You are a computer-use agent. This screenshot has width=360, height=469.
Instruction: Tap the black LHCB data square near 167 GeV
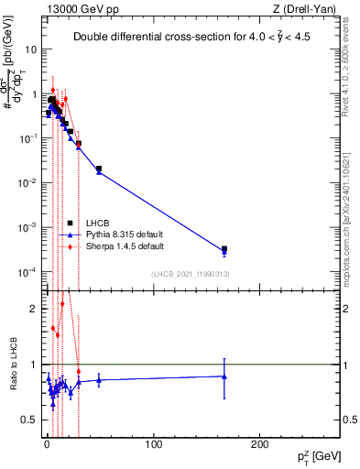point(224,248)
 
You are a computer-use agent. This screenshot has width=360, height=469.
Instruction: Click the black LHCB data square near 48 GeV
point(98,169)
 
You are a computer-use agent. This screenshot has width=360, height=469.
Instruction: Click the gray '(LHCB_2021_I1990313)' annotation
point(190,274)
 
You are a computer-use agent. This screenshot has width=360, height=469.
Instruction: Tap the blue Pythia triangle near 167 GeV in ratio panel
point(224,376)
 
